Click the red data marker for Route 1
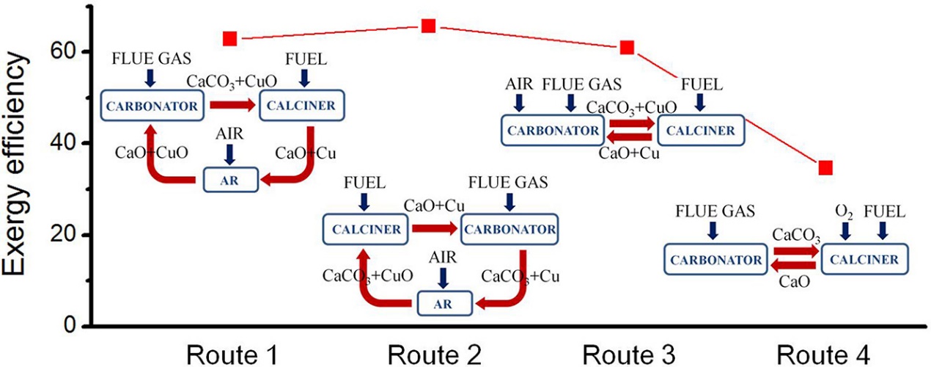click(230, 38)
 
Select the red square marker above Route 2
click(429, 26)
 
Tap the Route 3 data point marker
click(627, 48)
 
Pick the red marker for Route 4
click(826, 168)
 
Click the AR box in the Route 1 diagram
click(230, 179)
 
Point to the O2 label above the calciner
click(845, 212)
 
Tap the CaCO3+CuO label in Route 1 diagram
click(228, 81)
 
